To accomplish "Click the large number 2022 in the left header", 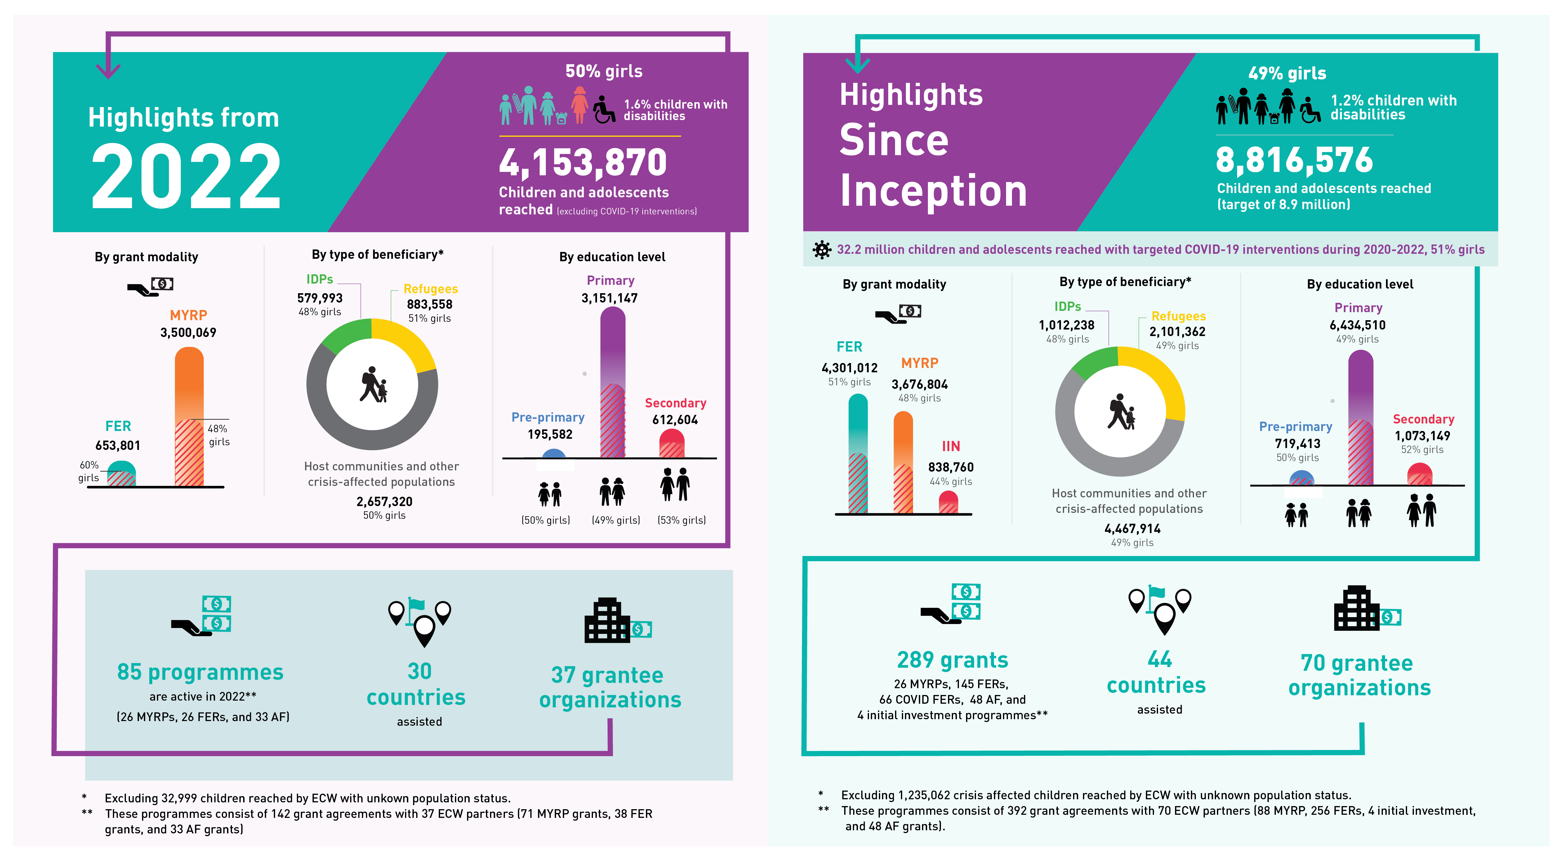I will pos(186,177).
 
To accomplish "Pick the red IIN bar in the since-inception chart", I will pos(948,502).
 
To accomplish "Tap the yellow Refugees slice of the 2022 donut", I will pos(408,341).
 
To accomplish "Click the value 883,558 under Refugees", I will pos(429,304).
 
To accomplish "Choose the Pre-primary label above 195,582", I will pos(547,417).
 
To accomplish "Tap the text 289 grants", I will pos(952,660).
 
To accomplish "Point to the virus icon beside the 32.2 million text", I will pos(822,249).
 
